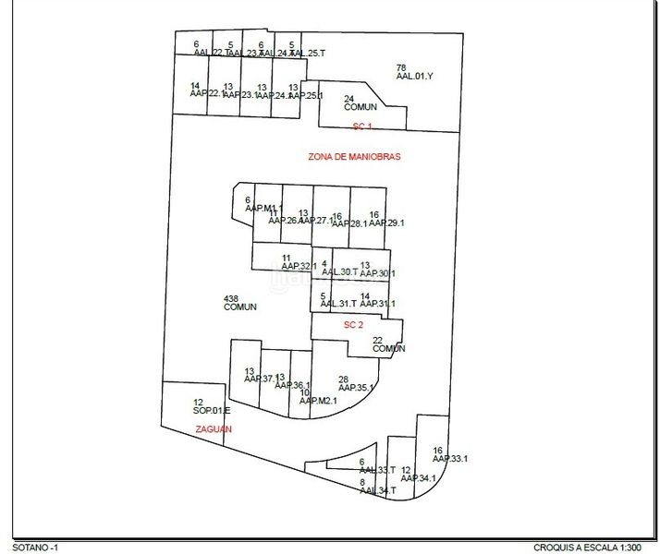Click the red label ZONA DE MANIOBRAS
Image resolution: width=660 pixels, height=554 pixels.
coord(354,157)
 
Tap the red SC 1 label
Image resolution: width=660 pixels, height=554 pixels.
coord(361,126)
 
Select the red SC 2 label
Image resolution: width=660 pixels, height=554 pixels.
coord(352,325)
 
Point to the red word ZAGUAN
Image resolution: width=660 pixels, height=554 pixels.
coord(214,429)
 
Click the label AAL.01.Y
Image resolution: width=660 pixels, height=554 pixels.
coord(414,77)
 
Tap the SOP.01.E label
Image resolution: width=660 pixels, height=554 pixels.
coord(212,410)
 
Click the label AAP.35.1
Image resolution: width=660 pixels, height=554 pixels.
coord(356,388)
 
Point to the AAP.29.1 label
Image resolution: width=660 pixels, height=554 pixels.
coord(386,223)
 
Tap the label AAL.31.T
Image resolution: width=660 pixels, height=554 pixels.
coord(338,304)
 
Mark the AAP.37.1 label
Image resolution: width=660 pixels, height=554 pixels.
coord(254,379)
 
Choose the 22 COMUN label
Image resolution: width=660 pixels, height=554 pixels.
coord(389,348)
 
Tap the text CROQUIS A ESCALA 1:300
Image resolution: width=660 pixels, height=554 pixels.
coord(592,547)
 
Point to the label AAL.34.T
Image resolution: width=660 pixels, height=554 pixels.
coord(377,491)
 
